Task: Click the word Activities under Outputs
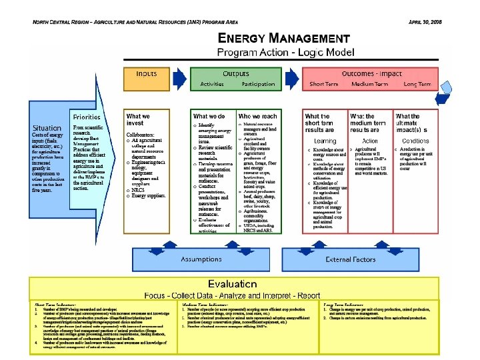[x=211, y=85]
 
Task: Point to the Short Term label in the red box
[x=327, y=85]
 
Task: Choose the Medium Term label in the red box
[x=371, y=85]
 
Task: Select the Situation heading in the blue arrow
[x=49, y=127]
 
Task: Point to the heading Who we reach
[x=258, y=117]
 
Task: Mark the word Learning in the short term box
[x=325, y=141]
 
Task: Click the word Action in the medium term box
[x=369, y=141]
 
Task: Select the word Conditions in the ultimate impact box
[x=415, y=141]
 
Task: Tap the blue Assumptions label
[x=203, y=259]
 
